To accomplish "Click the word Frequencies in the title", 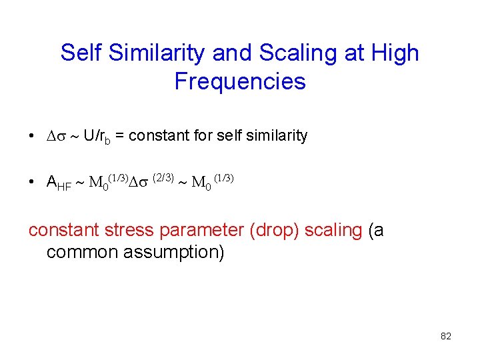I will [240, 81].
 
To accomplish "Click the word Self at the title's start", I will [80, 53].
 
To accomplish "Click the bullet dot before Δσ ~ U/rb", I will [32, 136].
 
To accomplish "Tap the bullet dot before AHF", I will [32, 182].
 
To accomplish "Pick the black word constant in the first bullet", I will [153, 136].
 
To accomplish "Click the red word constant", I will [63, 230].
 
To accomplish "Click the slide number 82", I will [446, 337].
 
